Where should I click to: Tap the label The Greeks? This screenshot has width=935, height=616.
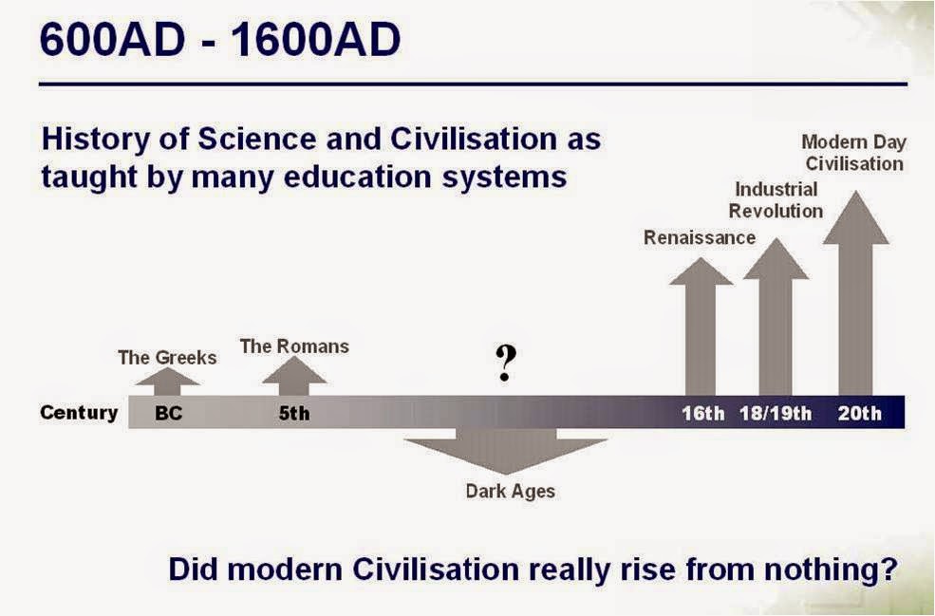point(167,357)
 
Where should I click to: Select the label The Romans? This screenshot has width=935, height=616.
point(294,346)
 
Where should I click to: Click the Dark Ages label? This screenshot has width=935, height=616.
point(511,491)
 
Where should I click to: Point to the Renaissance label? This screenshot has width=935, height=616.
point(700,237)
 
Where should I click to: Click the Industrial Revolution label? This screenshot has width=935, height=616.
point(776,199)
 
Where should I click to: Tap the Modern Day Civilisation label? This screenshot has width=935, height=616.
point(854,153)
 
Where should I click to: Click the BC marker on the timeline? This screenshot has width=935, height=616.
point(168,413)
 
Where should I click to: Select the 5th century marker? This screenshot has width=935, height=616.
point(294,413)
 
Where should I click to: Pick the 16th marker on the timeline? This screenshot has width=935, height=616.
point(703,413)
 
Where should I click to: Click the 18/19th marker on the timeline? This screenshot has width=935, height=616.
point(776,413)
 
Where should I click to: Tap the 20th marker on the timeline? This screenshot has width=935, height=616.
point(859,413)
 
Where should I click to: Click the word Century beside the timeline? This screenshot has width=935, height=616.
point(79,413)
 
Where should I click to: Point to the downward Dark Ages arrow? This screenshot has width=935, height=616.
point(506,452)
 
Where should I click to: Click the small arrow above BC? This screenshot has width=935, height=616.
point(168,382)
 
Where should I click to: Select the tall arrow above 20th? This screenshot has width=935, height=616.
point(855,293)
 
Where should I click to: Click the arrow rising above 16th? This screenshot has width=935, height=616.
point(701,327)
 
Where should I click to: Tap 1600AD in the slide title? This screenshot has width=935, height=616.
point(315,40)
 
